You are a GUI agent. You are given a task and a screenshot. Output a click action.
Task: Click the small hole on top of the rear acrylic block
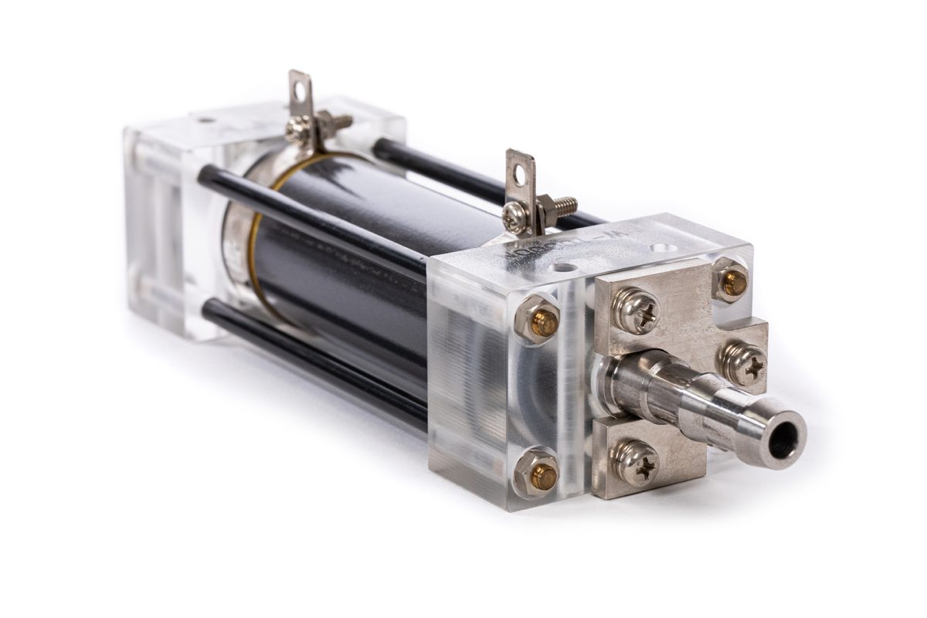205,121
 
